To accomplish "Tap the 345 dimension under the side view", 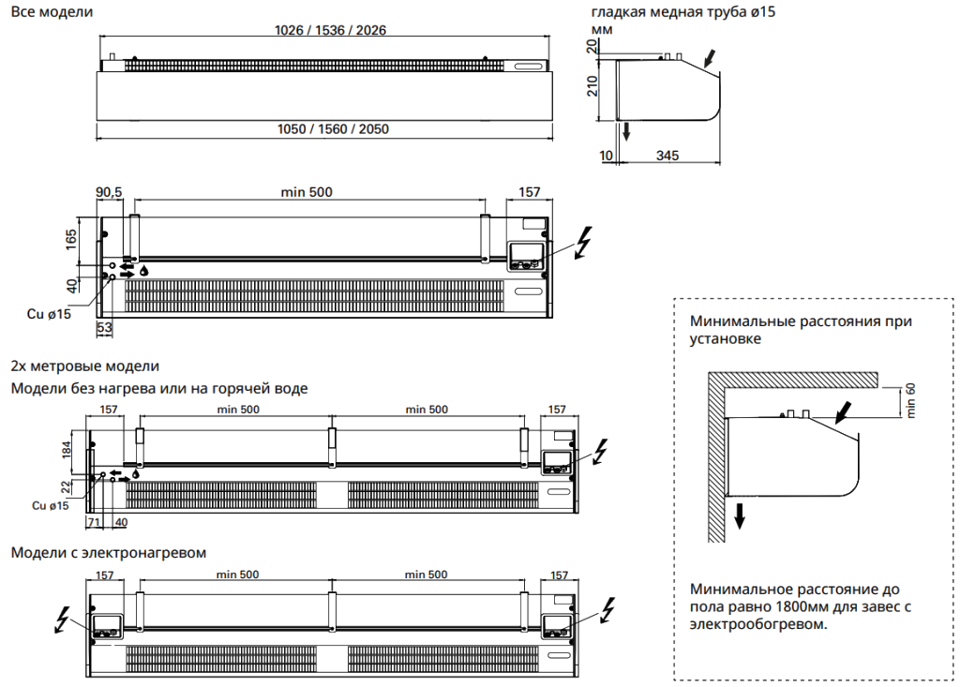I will [x=667, y=155].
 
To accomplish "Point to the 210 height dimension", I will [x=592, y=88].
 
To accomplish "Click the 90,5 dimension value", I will [x=109, y=192].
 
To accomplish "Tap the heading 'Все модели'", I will [x=51, y=12].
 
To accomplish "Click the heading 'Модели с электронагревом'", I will [x=108, y=553].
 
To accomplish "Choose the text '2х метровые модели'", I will [x=84, y=366].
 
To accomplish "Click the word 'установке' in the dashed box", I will [x=725, y=338].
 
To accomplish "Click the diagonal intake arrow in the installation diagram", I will [x=844, y=411].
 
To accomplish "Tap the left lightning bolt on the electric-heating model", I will [x=63, y=620].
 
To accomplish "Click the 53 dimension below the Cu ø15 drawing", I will [x=105, y=327].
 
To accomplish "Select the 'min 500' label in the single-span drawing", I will [x=307, y=192].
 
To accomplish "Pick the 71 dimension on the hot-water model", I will [x=94, y=521].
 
